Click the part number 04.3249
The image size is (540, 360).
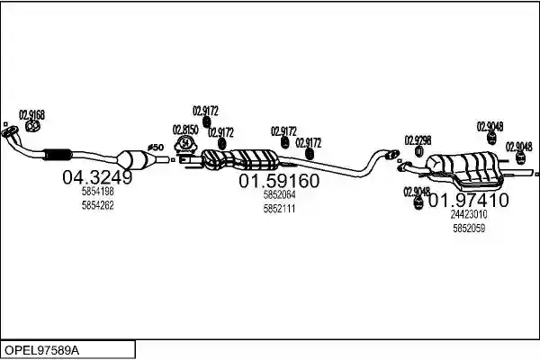pos(97,177)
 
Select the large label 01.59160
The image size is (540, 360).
pos(279,181)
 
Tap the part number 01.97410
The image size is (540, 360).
pos(468,200)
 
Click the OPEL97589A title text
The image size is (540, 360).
pos(42,351)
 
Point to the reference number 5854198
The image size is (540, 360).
pos(98,191)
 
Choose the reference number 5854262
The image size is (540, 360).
pos(98,205)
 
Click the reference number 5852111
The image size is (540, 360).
pos(279,209)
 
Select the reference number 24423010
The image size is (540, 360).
pos(469,214)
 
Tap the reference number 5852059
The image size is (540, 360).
pos(469,228)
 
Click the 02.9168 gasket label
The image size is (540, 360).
pos(31,114)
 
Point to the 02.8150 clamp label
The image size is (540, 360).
pos(185,130)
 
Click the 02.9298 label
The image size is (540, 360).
pos(418,140)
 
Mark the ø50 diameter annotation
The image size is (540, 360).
pos(156,148)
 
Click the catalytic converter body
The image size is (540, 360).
pos(135,160)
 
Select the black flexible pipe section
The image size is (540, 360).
pos(58,155)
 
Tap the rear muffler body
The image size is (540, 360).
pos(464,169)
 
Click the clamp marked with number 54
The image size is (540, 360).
pos(185,144)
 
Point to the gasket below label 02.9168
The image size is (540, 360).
pos(33,126)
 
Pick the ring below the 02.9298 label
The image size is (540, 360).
pos(419,151)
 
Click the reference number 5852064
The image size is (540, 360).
pos(279,194)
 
